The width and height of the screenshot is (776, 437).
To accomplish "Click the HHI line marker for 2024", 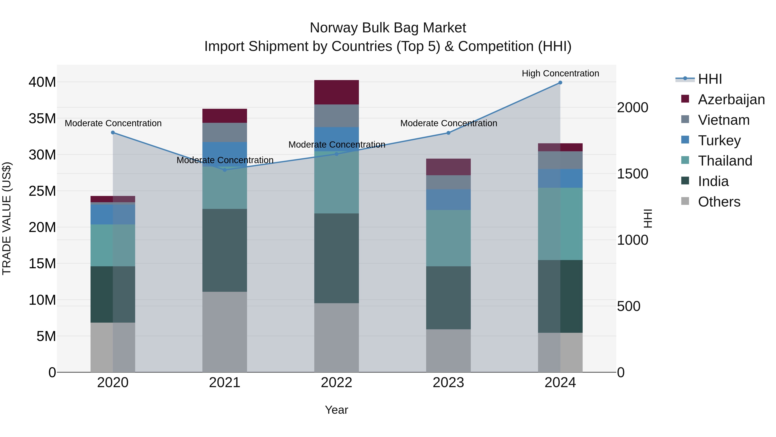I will [560, 83].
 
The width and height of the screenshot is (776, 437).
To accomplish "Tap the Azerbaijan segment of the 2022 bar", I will [336, 92].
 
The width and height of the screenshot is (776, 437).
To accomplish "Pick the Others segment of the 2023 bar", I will [448, 350].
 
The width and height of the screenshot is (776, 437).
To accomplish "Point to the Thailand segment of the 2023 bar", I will [448, 238].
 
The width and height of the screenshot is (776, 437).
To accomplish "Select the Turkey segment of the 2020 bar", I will [113, 215].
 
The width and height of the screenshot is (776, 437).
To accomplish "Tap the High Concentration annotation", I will [560, 73].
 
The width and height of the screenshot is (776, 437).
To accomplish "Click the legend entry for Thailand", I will [725, 161].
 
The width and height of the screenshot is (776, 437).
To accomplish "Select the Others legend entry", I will [719, 202].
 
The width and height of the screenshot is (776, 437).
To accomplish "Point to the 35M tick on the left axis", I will [42, 118].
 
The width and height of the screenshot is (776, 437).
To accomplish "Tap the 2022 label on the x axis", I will [336, 383].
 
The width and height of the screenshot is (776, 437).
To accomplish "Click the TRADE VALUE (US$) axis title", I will [7, 218].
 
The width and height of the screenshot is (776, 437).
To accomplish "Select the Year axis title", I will [336, 410].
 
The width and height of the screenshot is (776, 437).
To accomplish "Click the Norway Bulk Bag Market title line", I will [388, 28].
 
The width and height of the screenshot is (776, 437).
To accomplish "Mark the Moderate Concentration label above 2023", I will [449, 123].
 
